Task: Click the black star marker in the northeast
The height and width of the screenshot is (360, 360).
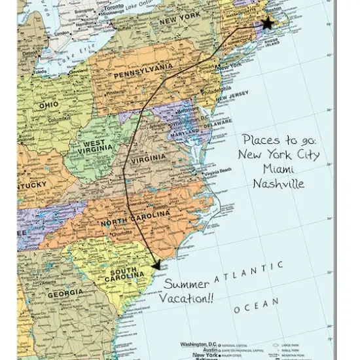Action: click(267, 24)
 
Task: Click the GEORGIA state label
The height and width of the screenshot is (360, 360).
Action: click(65, 293)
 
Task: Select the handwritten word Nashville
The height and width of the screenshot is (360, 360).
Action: click(278, 184)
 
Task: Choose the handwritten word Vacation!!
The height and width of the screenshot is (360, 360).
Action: click(188, 299)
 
